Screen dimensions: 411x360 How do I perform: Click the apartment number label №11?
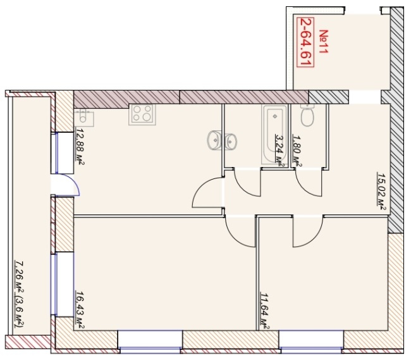[323, 41]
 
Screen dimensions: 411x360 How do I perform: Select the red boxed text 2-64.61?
[305, 42]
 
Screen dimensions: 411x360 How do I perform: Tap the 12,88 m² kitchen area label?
[80, 146]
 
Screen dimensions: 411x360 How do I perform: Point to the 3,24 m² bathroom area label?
[279, 151]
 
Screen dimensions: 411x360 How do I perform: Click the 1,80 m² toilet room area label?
[297, 151]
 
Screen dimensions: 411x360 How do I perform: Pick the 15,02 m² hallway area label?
[381, 191]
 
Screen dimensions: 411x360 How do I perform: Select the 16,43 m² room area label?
[80, 310]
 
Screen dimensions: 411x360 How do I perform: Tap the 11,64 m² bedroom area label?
[265, 311]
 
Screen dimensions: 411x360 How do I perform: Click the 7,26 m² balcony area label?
[20, 294]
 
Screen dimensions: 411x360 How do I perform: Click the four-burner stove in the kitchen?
[142, 115]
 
